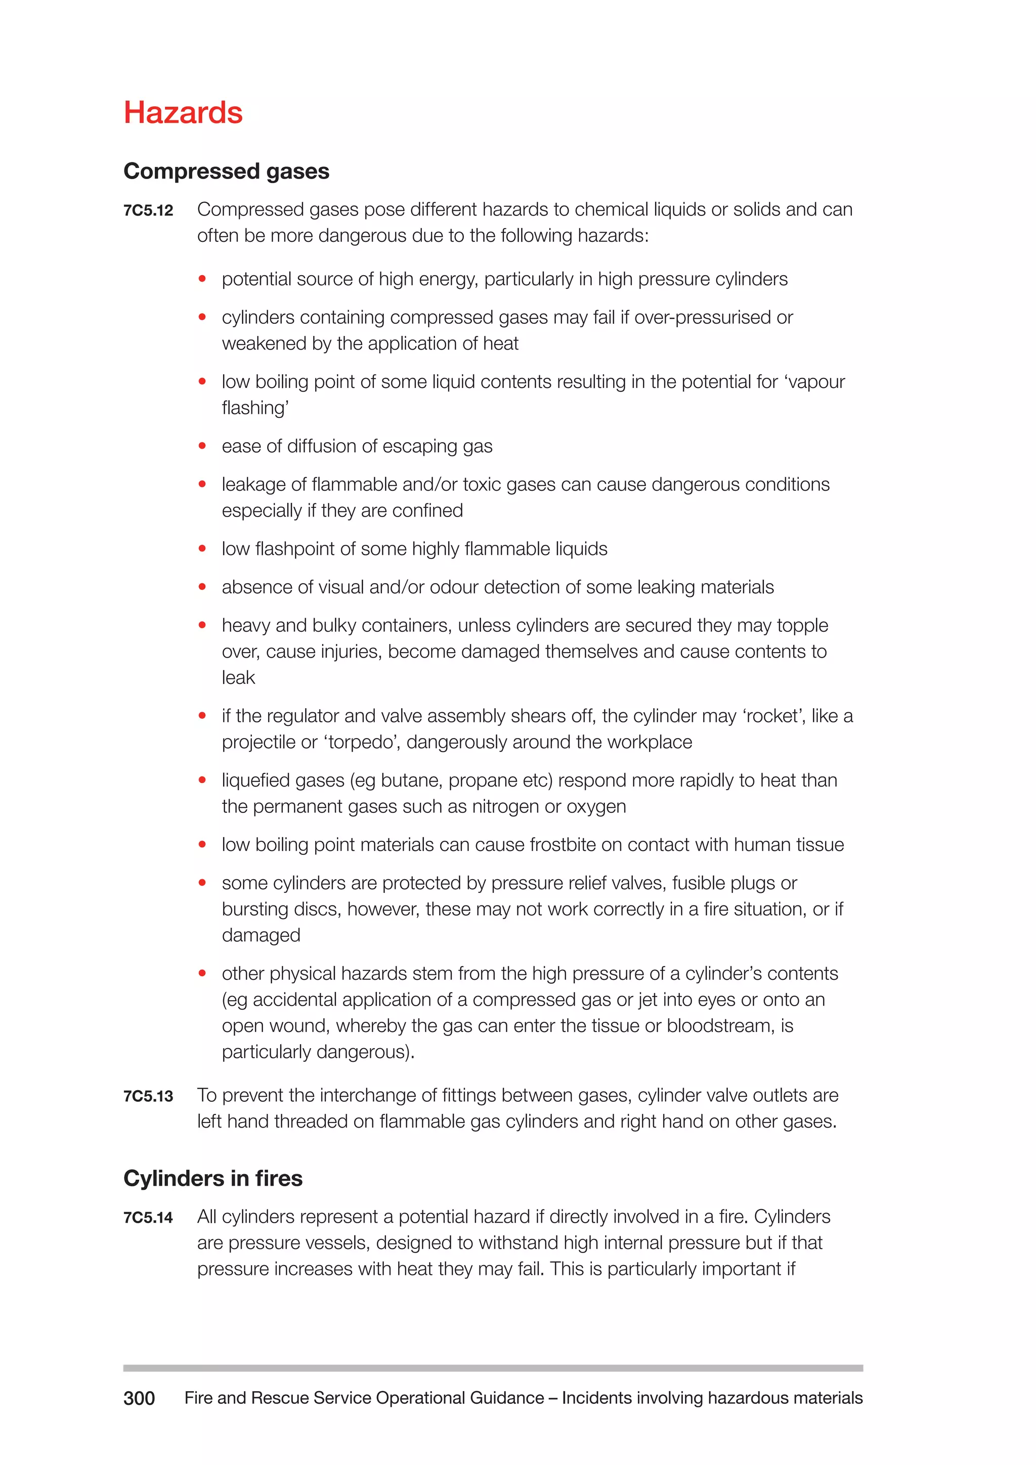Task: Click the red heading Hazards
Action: click(x=183, y=113)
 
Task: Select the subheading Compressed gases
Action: click(x=227, y=171)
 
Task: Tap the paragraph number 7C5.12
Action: click(x=148, y=210)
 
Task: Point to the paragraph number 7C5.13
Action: click(x=148, y=1096)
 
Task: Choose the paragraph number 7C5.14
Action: click(x=148, y=1218)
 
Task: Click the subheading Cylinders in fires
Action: click(x=213, y=1178)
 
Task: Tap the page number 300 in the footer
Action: click(x=139, y=1398)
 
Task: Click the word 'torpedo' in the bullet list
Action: click(x=362, y=742)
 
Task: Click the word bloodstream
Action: click(x=721, y=1025)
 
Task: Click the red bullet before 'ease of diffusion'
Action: click(x=202, y=446)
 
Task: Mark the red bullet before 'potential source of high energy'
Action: click(x=202, y=279)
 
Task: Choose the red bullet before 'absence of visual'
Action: click(x=202, y=587)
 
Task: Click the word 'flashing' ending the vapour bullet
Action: click(x=254, y=408)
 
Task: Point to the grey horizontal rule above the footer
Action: click(x=493, y=1368)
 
